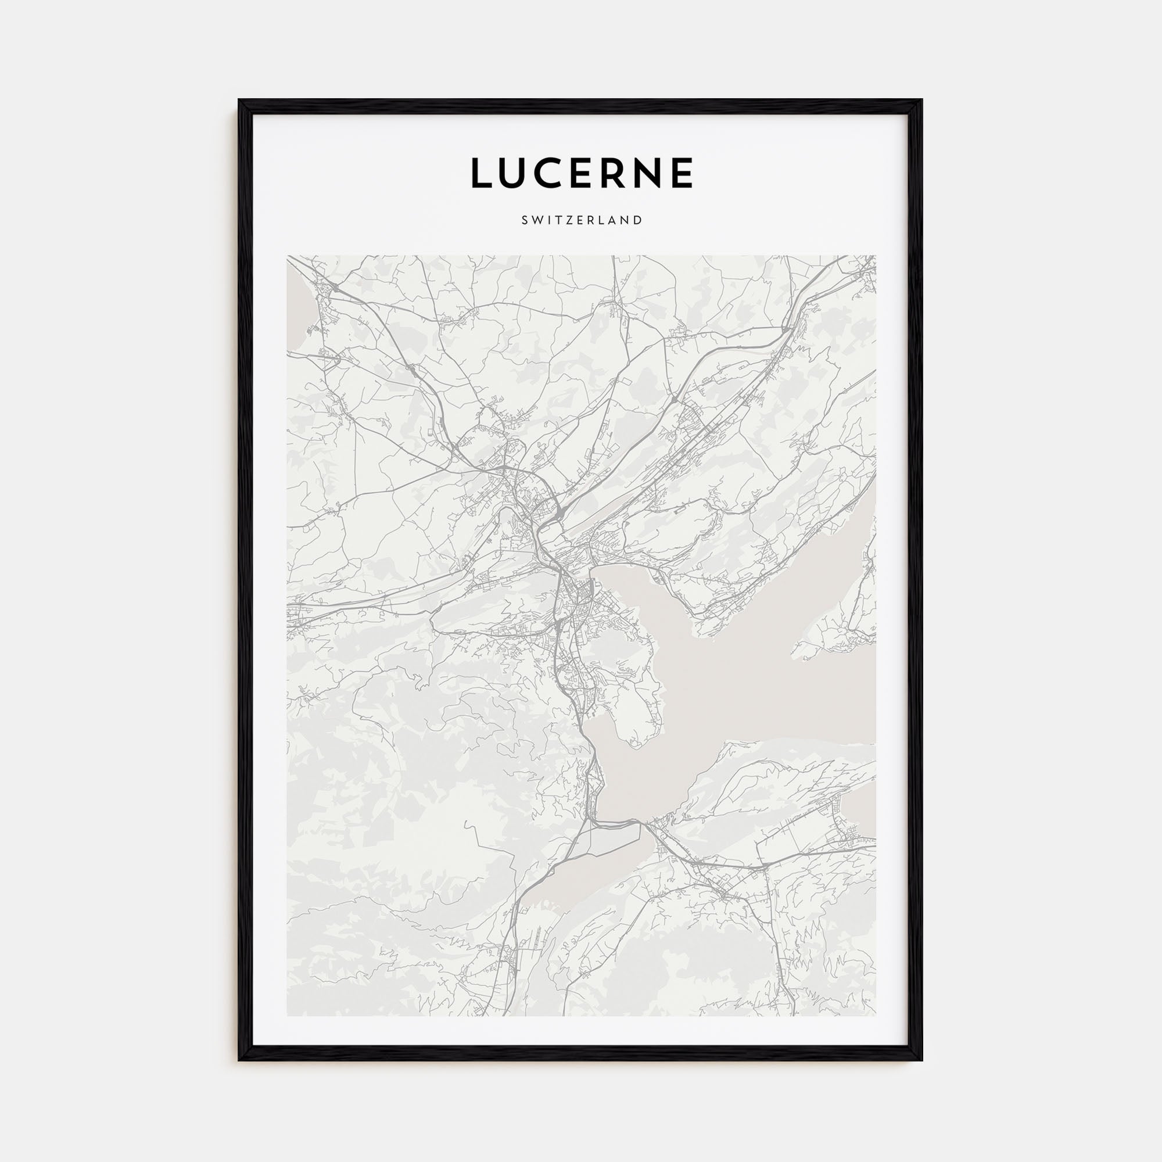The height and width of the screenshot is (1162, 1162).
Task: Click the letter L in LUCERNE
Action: click(482, 173)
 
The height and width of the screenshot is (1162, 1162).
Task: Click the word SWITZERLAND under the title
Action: click(582, 220)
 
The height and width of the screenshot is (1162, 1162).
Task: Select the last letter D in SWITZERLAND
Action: click(639, 220)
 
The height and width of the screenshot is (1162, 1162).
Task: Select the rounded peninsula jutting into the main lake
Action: click(632, 710)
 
